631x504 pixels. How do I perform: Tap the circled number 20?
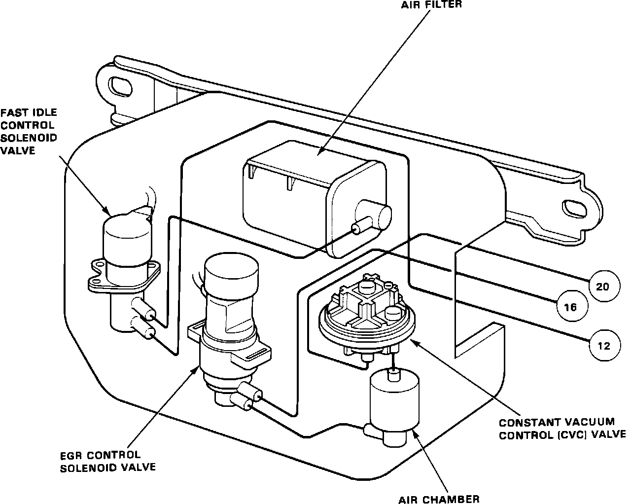point(602,286)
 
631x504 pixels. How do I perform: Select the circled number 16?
point(570,307)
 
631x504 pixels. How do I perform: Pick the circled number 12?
point(603,346)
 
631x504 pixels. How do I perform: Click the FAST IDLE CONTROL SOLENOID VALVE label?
point(29,132)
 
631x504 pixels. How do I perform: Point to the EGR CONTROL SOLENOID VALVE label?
point(107,461)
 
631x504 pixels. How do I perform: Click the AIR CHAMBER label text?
point(439,499)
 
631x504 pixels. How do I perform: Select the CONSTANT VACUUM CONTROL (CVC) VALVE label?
point(562,429)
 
